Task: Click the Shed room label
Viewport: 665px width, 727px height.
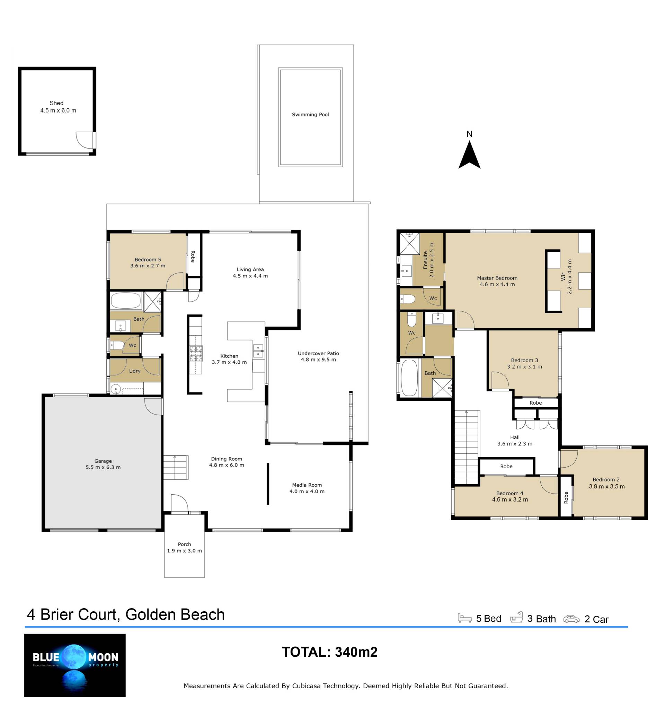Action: [x=56, y=103]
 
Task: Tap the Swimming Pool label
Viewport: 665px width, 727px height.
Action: [x=310, y=115]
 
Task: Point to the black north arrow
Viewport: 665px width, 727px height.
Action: [x=469, y=155]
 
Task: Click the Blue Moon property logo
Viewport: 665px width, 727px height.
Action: [x=75, y=665]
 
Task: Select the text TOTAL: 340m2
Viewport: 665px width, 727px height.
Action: [x=330, y=652]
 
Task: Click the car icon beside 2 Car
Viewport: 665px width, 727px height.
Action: [x=571, y=619]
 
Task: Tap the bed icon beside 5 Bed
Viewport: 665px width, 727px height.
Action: [x=464, y=618]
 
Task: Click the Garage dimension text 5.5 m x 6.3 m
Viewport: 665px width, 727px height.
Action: [x=103, y=467]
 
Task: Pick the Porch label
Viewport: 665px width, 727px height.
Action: [x=184, y=544]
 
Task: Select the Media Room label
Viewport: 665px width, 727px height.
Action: [x=307, y=485]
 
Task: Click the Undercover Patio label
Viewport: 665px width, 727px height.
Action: [x=318, y=353]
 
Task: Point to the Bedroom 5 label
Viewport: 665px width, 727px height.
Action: [x=148, y=260]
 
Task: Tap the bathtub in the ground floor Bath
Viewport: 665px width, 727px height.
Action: [x=125, y=300]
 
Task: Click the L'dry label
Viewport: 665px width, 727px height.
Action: [x=134, y=371]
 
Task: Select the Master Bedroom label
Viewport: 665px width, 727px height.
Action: [x=497, y=278]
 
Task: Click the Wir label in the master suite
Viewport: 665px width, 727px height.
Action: [x=563, y=277]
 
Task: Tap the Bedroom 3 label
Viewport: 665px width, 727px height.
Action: [x=524, y=360]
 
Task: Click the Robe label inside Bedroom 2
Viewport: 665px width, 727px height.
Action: [x=566, y=498]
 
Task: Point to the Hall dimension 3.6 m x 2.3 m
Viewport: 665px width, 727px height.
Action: [x=515, y=444]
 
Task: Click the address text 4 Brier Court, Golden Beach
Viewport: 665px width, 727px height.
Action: [x=126, y=614]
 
